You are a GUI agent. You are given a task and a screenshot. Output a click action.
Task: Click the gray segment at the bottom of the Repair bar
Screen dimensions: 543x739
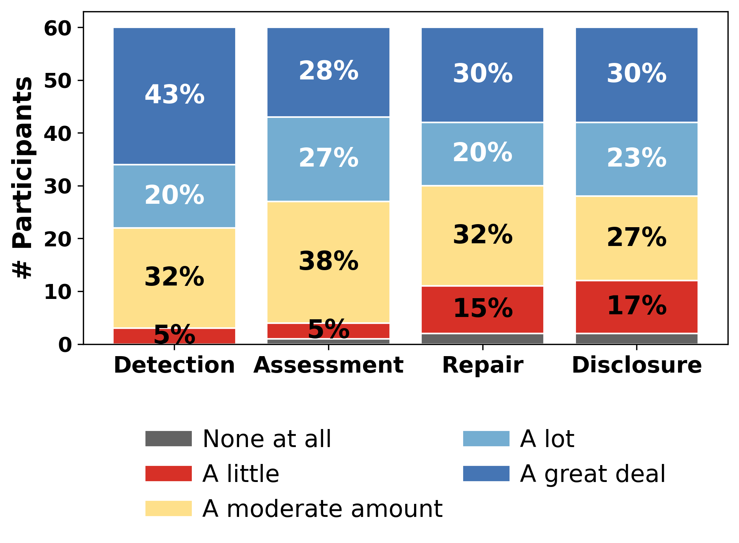(x=482, y=339)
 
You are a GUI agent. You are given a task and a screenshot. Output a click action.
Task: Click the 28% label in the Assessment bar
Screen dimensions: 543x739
(x=328, y=71)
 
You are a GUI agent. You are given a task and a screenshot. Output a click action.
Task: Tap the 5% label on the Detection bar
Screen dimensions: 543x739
(x=174, y=335)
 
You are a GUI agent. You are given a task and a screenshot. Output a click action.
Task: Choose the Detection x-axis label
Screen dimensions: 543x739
(x=174, y=365)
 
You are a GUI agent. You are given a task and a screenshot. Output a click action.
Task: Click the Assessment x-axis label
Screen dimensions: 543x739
(x=328, y=365)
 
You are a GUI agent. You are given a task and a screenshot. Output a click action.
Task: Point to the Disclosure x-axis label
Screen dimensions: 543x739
(x=637, y=365)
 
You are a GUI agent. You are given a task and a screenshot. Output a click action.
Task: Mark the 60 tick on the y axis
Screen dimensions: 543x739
(x=58, y=28)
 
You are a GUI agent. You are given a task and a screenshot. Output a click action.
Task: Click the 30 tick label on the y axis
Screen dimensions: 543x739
(x=58, y=187)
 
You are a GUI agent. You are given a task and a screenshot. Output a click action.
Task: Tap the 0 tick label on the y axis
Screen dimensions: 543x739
(x=65, y=345)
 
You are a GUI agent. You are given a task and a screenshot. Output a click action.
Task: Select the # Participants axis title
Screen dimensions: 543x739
(x=23, y=177)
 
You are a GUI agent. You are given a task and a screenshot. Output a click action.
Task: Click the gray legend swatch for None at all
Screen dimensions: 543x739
(x=168, y=439)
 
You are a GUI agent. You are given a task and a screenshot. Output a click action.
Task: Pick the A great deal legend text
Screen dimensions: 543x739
(x=593, y=474)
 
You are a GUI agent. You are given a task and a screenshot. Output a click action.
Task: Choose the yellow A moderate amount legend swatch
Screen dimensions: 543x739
(x=168, y=508)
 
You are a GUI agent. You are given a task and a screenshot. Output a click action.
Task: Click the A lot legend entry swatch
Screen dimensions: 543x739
(x=486, y=439)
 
